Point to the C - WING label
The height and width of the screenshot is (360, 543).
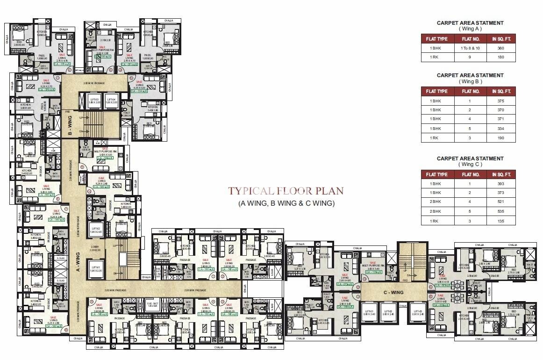click(x=393, y=293)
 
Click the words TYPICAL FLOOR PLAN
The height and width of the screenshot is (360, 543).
click(x=286, y=191)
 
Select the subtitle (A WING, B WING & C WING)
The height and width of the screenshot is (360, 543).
click(x=286, y=203)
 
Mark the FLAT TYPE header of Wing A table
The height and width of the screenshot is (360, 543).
click(x=436, y=39)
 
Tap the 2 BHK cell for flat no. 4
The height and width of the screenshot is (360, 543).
click(x=436, y=202)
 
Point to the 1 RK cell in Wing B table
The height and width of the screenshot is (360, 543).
click(x=436, y=138)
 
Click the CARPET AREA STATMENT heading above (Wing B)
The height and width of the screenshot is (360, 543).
click(x=470, y=75)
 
